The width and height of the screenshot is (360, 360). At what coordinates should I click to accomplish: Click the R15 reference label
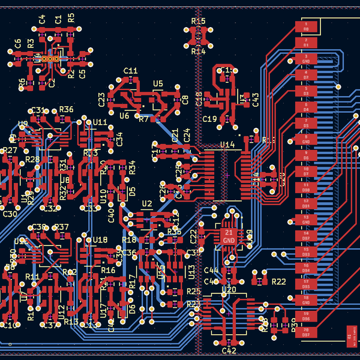point(198,21)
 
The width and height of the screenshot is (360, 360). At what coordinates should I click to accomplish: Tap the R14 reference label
point(198,52)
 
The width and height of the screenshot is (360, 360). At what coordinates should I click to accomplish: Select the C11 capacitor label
point(130,71)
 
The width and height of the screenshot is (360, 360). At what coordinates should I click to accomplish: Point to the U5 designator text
point(158,83)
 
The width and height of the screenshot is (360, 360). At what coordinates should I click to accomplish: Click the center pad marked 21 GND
point(229,236)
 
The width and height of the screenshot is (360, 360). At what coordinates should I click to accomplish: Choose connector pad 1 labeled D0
point(305,28)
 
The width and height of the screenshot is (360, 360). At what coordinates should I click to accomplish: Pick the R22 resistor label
point(278,281)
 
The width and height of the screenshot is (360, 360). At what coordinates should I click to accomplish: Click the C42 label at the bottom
point(229,350)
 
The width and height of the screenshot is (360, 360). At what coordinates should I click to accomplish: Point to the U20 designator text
point(229,289)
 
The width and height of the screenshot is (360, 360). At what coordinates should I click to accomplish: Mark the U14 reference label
point(227,145)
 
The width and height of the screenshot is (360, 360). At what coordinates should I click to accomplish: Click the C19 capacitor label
point(209,119)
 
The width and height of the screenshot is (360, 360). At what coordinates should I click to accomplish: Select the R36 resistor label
point(66,109)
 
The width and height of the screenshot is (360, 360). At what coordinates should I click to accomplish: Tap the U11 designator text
point(100,122)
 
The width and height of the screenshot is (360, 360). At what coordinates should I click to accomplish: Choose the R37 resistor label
point(61,227)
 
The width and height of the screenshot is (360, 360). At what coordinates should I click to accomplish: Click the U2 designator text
point(147,204)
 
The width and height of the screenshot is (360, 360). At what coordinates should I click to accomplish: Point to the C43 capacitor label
point(256,100)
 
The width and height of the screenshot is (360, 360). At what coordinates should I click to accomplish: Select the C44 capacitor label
point(211,271)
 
